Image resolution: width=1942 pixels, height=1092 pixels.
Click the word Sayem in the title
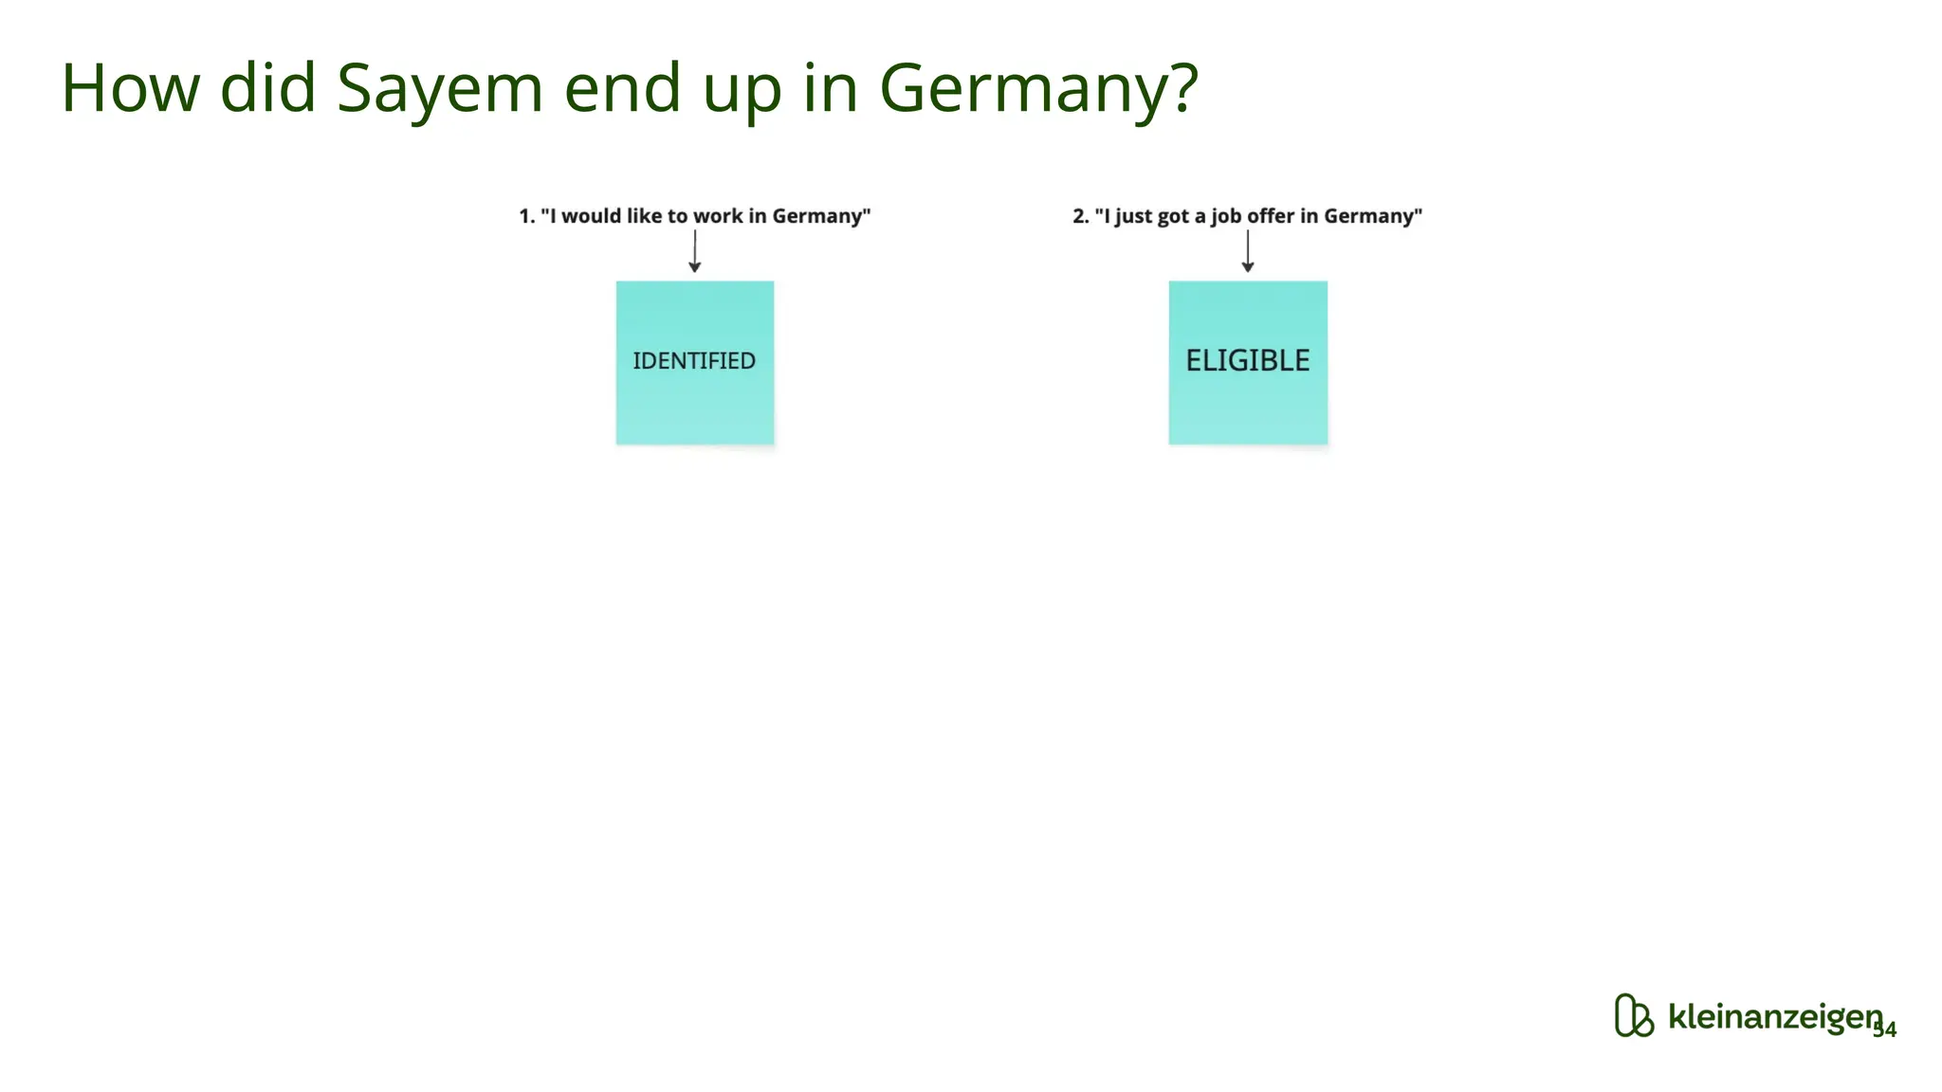440,88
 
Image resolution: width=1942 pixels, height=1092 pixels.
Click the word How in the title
131,88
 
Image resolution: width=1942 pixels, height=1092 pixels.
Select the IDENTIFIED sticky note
695,362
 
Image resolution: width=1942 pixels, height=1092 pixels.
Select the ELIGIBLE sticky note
1248,362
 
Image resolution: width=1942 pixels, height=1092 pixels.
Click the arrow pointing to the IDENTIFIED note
695,252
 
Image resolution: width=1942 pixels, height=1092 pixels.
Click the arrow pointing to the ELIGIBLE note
1248,252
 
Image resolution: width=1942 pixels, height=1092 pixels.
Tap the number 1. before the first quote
527,216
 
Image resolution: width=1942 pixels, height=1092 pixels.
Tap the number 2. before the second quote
1081,216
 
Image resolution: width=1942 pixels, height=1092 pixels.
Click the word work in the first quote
718,216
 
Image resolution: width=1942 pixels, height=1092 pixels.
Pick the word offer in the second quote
1271,216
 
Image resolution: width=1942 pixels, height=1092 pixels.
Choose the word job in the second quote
1225,217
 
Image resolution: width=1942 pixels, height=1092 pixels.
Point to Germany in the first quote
816,217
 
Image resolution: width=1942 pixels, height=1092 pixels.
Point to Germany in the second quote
1368,217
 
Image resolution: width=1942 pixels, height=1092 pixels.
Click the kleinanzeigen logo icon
1633,1016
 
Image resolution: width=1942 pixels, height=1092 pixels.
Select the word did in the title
267,88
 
